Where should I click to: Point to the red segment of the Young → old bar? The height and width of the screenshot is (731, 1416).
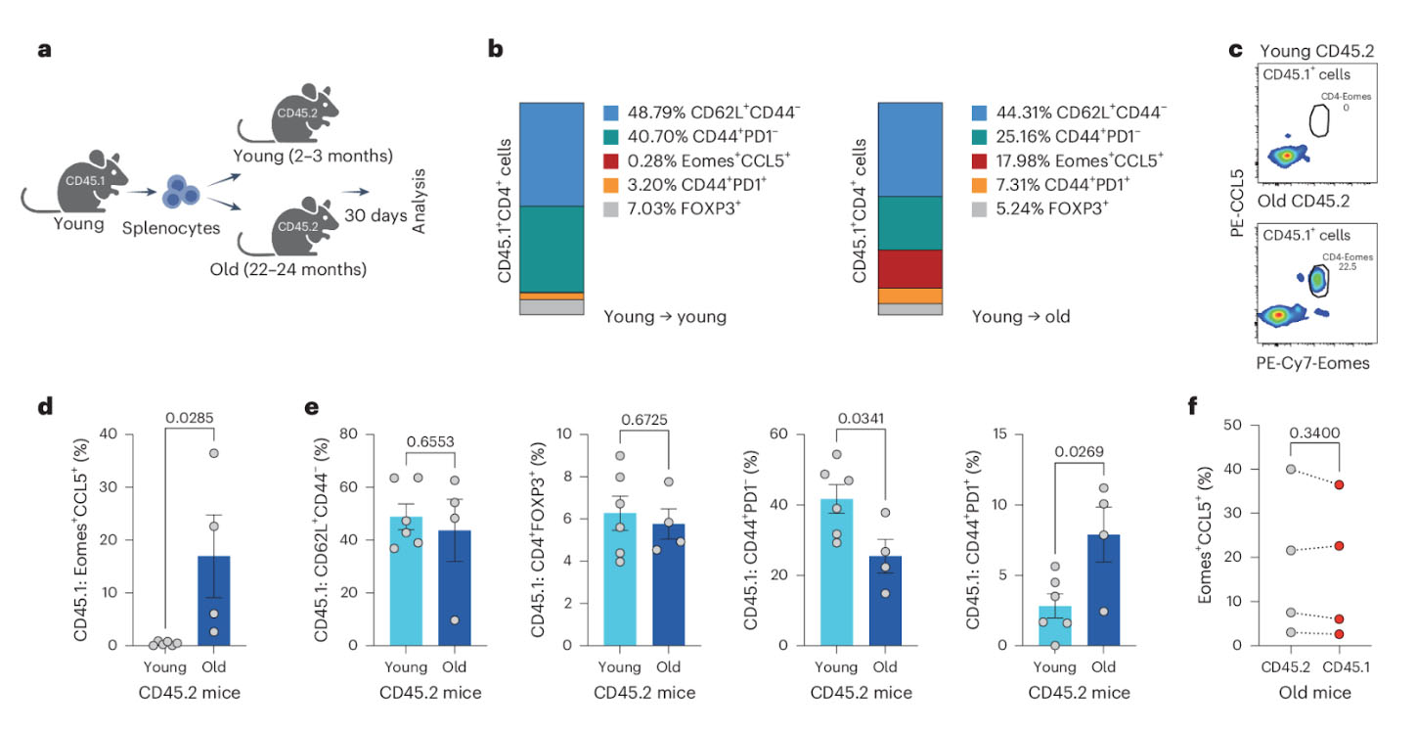[x=910, y=269]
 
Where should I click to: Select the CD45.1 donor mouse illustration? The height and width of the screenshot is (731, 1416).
[x=94, y=182]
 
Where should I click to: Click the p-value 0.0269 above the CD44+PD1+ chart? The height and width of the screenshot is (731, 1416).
[x=1079, y=453]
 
